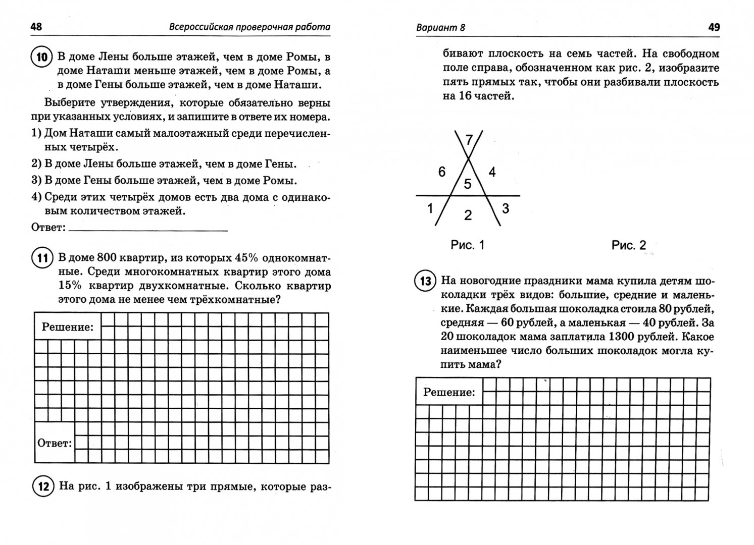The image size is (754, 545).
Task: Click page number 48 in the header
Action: pyautogui.click(x=36, y=27)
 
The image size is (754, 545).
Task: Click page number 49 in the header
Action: pyautogui.click(x=714, y=27)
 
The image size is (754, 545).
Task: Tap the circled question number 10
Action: pyautogui.click(x=42, y=57)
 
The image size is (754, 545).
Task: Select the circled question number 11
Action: pyautogui.click(x=42, y=258)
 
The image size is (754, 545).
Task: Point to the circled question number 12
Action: pyautogui.click(x=42, y=487)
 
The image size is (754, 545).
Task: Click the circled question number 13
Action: pyautogui.click(x=425, y=281)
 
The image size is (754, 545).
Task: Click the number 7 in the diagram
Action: pyautogui.click(x=469, y=140)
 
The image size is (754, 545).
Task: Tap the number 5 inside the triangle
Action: pyautogui.click(x=468, y=184)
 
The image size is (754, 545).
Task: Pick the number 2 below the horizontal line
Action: pyautogui.click(x=468, y=215)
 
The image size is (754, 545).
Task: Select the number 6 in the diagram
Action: pyautogui.click(x=442, y=172)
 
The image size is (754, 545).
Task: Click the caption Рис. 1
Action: pyautogui.click(x=467, y=245)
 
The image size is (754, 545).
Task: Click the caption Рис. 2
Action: pyautogui.click(x=629, y=245)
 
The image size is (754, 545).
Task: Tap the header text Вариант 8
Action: pyautogui.click(x=440, y=28)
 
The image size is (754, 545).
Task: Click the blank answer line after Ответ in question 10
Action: pyautogui.click(x=148, y=228)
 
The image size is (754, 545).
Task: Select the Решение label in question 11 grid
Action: pyautogui.click(x=68, y=327)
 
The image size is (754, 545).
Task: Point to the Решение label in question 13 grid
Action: pyautogui.click(x=449, y=392)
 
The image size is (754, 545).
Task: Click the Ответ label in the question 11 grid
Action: pyautogui.click(x=55, y=444)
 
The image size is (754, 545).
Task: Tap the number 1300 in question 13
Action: pyautogui.click(x=625, y=337)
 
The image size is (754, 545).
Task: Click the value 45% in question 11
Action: pyautogui.click(x=246, y=258)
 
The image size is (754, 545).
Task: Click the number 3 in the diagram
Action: pyautogui.click(x=506, y=208)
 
